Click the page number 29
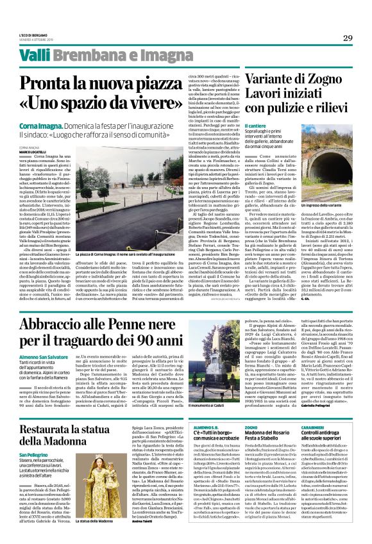pyautogui.click(x=347, y=38)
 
